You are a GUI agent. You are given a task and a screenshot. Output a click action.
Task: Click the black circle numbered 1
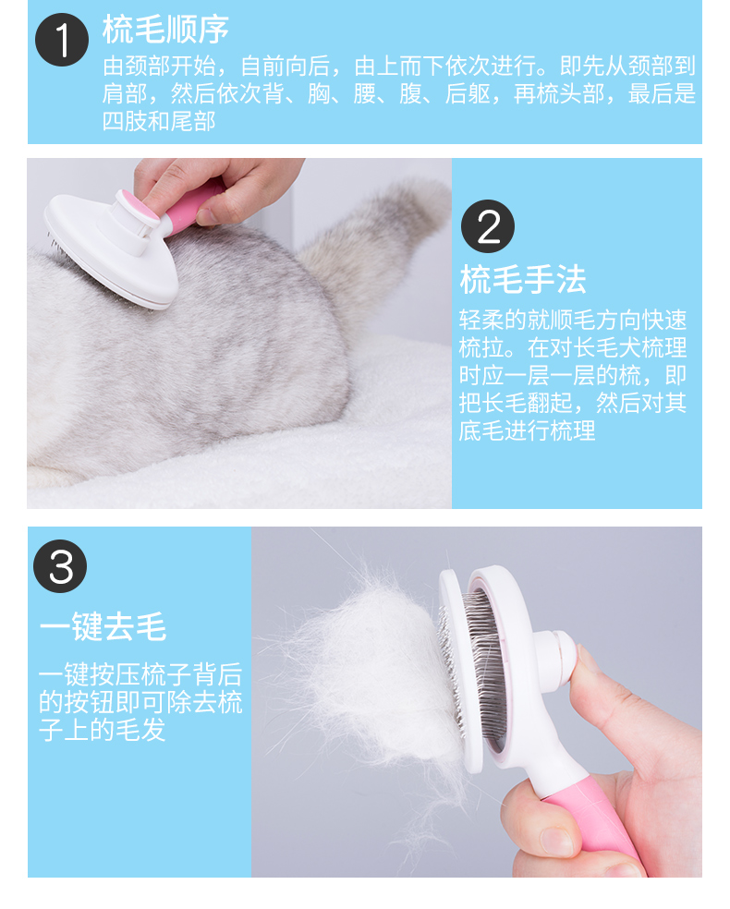coord(62,40)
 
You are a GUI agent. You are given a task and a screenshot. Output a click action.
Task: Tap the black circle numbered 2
coord(488,226)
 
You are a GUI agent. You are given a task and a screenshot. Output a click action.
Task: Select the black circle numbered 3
coord(60,565)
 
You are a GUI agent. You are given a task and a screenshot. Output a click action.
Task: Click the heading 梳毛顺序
coord(165,30)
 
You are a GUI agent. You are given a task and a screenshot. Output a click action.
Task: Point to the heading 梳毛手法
coord(523,280)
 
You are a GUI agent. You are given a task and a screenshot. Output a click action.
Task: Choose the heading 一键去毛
coord(103,626)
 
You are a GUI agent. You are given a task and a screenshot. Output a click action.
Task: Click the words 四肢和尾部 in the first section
coord(159,121)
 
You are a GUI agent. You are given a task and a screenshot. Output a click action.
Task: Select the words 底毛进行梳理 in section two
coord(527,430)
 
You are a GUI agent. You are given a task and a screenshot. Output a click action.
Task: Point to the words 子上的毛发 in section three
coord(102,729)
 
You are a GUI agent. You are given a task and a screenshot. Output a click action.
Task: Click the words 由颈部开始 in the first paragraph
coord(160,67)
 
